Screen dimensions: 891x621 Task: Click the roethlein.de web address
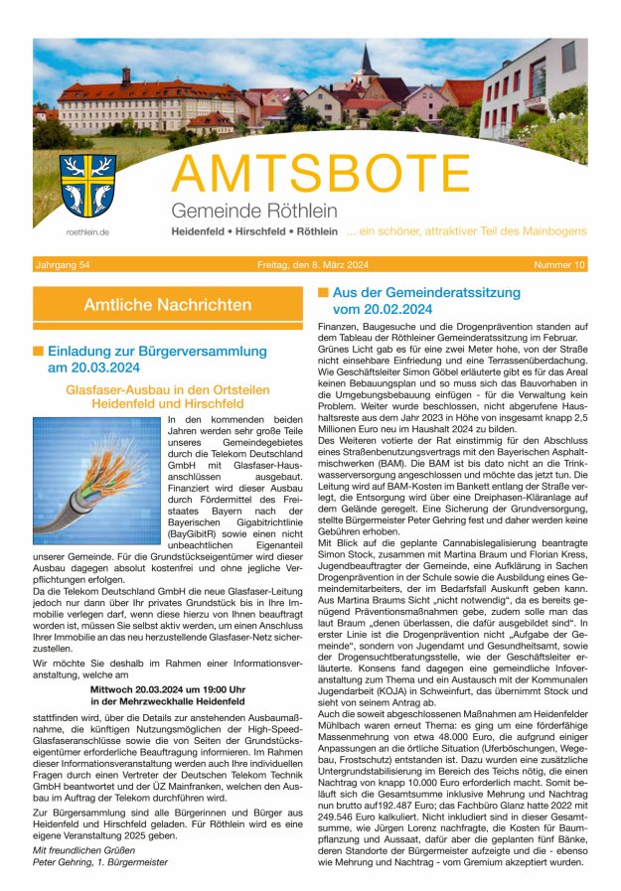coord(86,232)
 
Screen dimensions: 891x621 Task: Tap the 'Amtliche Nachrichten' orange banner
coord(168,304)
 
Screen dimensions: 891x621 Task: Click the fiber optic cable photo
coord(96,480)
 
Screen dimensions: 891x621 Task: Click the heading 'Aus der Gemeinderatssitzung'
coord(426,293)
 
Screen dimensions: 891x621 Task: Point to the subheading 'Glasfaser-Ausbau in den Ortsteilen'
coord(168,390)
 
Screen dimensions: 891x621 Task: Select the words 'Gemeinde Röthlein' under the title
coord(253,211)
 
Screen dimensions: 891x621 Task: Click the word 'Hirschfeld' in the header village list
coord(274,231)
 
